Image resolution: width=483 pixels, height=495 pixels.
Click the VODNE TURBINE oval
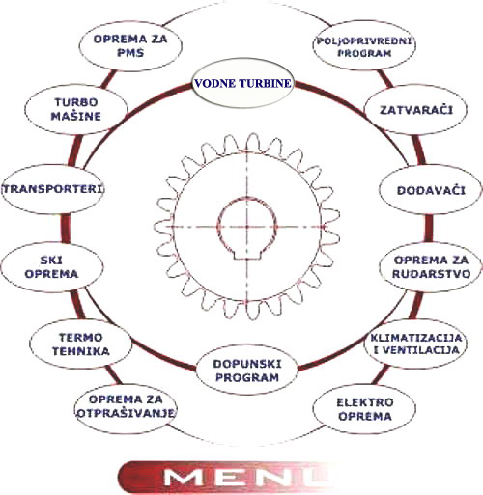pos(242,83)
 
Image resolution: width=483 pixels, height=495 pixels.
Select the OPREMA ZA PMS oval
pos(130,45)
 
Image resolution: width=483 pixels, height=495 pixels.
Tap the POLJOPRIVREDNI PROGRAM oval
pos(364,45)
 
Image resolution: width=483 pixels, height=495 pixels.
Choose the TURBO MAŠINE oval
pos(76,109)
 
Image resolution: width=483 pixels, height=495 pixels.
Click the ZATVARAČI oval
pos(416,110)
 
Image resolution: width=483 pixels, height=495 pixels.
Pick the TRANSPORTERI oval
pos(53,189)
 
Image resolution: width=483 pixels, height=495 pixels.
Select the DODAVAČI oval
pos(431,190)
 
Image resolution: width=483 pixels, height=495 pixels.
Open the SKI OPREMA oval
pos(52,267)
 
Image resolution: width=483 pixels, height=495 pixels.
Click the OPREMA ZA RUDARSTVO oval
pos(431,267)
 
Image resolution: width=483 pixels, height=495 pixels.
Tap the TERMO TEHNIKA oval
pos(80,344)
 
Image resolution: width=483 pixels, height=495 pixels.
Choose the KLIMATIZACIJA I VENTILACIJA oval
pos(416,344)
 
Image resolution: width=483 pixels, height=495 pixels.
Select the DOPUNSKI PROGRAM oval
pos(246,371)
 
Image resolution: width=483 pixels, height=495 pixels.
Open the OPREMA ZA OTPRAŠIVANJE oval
pos(127,406)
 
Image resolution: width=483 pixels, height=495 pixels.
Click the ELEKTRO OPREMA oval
pos(364,409)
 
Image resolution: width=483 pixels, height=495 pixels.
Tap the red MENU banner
pos(225,477)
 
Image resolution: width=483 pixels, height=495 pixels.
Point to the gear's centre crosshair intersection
pos(247,227)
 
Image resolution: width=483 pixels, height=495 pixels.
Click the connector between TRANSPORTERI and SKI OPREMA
pos(66,228)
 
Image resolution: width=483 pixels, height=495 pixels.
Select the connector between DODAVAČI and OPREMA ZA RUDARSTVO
pos(429,229)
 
